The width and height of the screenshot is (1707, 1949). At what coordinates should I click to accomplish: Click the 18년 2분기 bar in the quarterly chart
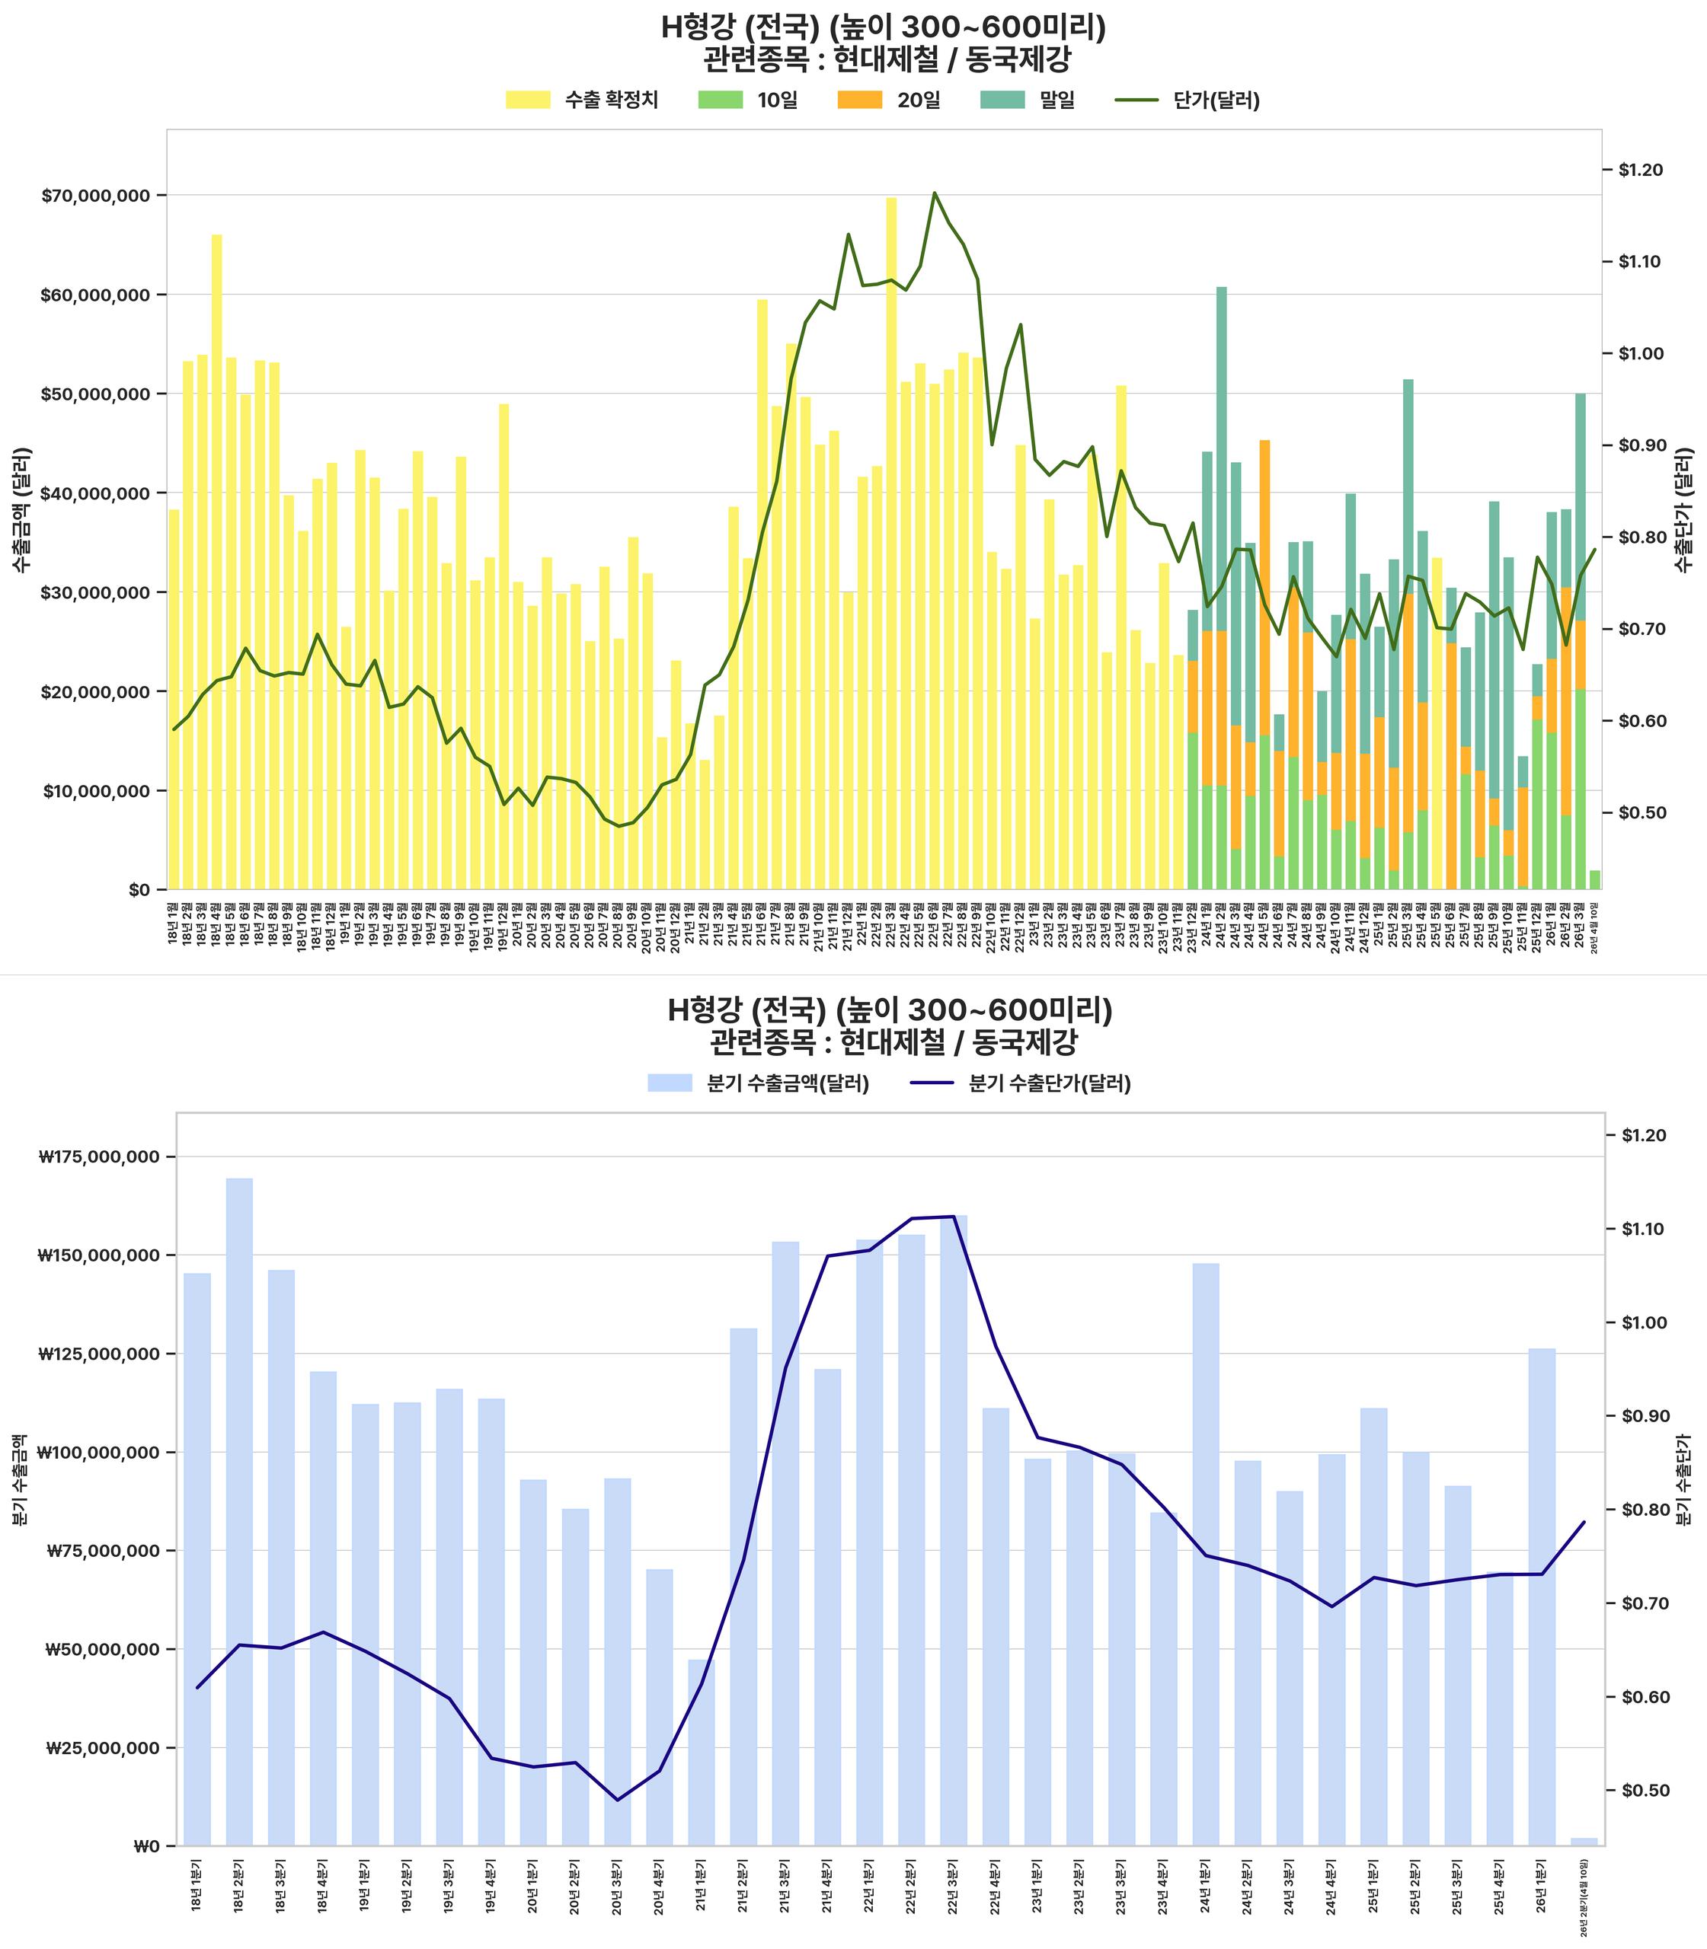239,1519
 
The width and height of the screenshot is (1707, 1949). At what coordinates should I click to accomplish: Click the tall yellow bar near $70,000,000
890,543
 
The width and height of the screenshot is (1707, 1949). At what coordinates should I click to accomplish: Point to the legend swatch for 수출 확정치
528,100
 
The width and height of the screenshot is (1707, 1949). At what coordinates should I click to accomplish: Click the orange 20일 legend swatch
859,100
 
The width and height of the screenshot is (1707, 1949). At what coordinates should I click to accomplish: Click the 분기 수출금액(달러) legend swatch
669,1083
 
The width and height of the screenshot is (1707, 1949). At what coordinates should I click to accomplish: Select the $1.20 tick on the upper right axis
1640,171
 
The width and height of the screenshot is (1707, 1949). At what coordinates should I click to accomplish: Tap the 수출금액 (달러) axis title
21,509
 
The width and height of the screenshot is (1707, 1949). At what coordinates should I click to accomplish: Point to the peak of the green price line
935,193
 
